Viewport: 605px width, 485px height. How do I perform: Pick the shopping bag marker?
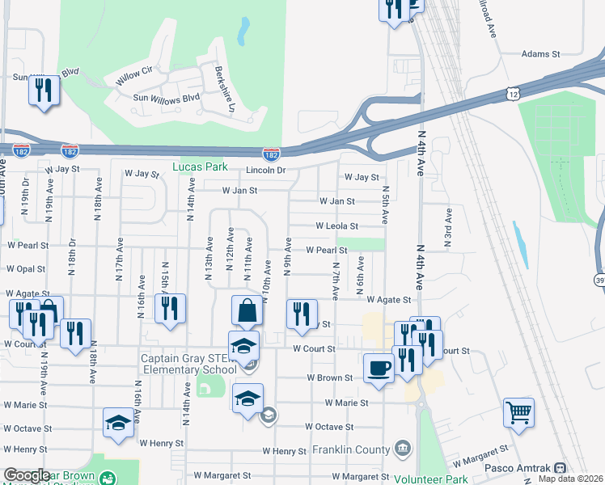point(247,310)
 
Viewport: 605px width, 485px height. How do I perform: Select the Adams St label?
point(540,54)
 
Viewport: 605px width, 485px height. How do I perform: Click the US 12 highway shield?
point(514,95)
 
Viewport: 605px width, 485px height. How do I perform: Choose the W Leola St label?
point(336,226)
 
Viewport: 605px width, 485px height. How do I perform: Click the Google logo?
point(27,475)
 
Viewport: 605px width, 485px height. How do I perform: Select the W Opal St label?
point(26,268)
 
